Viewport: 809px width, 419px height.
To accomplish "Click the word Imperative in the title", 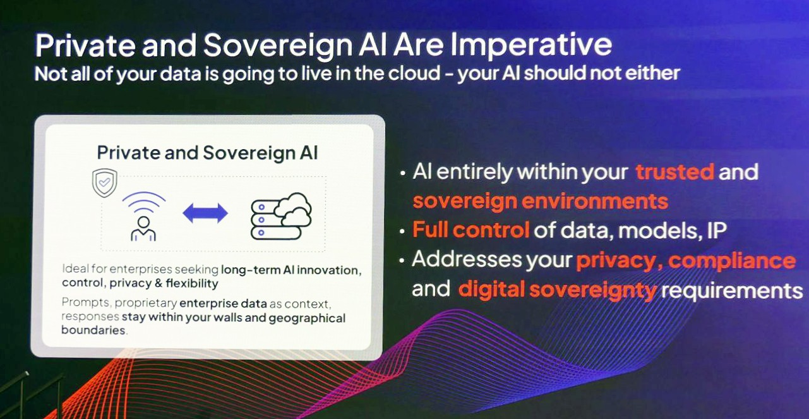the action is [531, 46].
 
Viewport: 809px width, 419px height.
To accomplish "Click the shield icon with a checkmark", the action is [105, 183].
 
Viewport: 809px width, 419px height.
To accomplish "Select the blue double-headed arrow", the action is [205, 213].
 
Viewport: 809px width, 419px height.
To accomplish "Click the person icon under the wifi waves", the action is [143, 229].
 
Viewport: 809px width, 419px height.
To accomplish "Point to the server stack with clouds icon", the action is [281, 216].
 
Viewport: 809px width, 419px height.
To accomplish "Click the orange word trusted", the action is [675, 172].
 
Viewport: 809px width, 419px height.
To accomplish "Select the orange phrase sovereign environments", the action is [541, 202].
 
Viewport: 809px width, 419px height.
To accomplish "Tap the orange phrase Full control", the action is [471, 229].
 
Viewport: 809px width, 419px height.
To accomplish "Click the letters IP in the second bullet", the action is [717, 230].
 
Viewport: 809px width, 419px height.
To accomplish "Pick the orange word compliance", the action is [732, 260].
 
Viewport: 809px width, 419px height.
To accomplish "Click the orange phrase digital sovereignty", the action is [558, 290].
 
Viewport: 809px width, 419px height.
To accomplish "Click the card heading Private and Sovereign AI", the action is [207, 152].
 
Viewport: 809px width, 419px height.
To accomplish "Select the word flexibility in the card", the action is [192, 283].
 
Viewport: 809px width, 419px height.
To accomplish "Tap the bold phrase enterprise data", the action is [223, 303].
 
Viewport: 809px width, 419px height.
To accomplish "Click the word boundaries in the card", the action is [93, 330].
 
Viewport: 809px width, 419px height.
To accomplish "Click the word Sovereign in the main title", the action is [278, 46].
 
